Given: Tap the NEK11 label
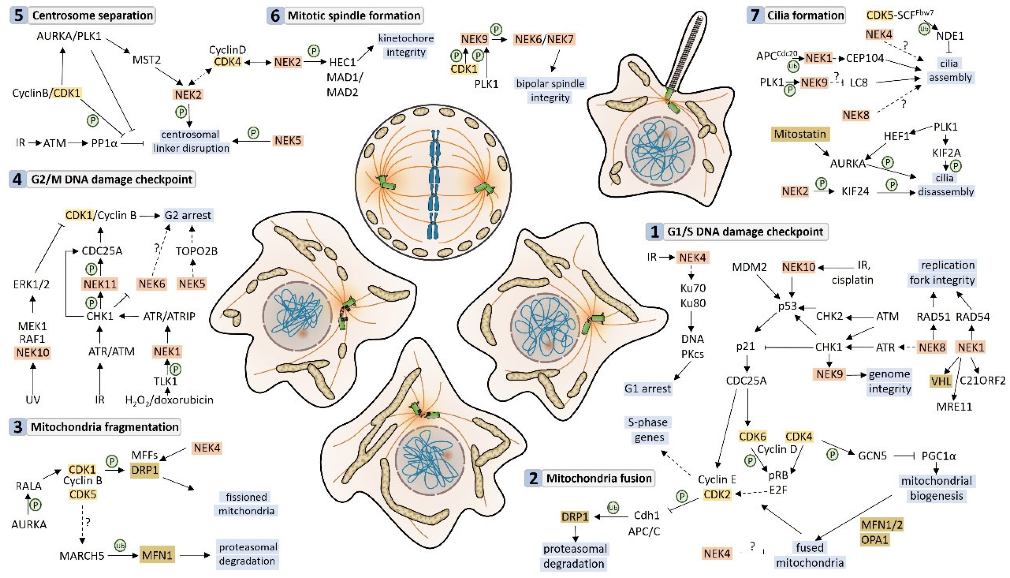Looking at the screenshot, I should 100,284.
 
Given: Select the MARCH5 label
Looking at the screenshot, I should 82,555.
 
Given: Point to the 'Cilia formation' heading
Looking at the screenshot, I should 805,15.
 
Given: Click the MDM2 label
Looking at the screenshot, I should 749,267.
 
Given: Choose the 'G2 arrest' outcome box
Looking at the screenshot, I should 188,215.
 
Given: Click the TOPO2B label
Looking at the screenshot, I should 197,251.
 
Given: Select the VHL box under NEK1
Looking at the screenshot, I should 941,381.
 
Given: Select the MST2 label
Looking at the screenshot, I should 146,60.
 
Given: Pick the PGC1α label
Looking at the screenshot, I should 938,456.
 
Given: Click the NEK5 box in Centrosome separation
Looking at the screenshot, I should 288,140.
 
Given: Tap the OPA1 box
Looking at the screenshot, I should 875,539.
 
